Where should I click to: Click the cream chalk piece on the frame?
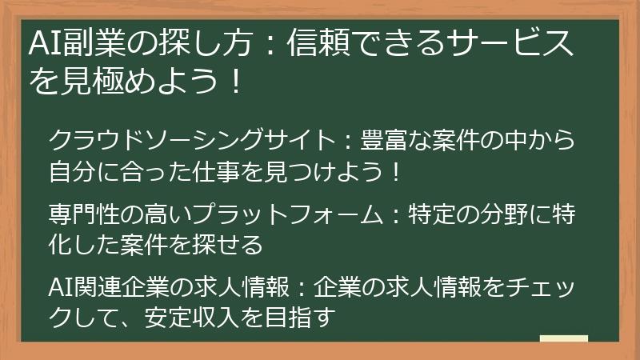coord(563,339)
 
